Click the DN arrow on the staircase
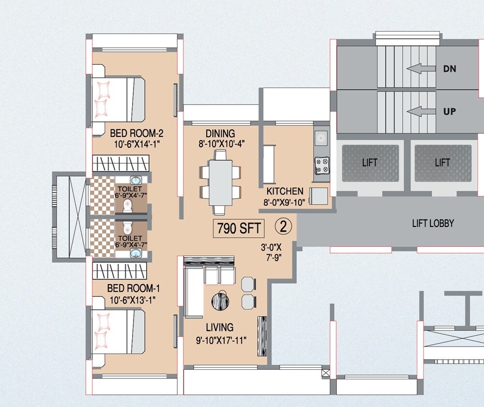tap(421, 69)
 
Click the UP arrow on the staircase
tap(421, 112)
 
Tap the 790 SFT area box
tap(239, 228)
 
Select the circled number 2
tap(283, 226)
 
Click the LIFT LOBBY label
tap(433, 223)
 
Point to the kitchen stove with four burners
tap(322, 165)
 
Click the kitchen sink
tap(321, 138)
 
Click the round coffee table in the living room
tap(220, 301)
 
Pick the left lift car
tap(370, 163)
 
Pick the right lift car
tap(442, 163)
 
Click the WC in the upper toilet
tap(127, 206)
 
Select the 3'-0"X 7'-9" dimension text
tap(271, 252)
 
